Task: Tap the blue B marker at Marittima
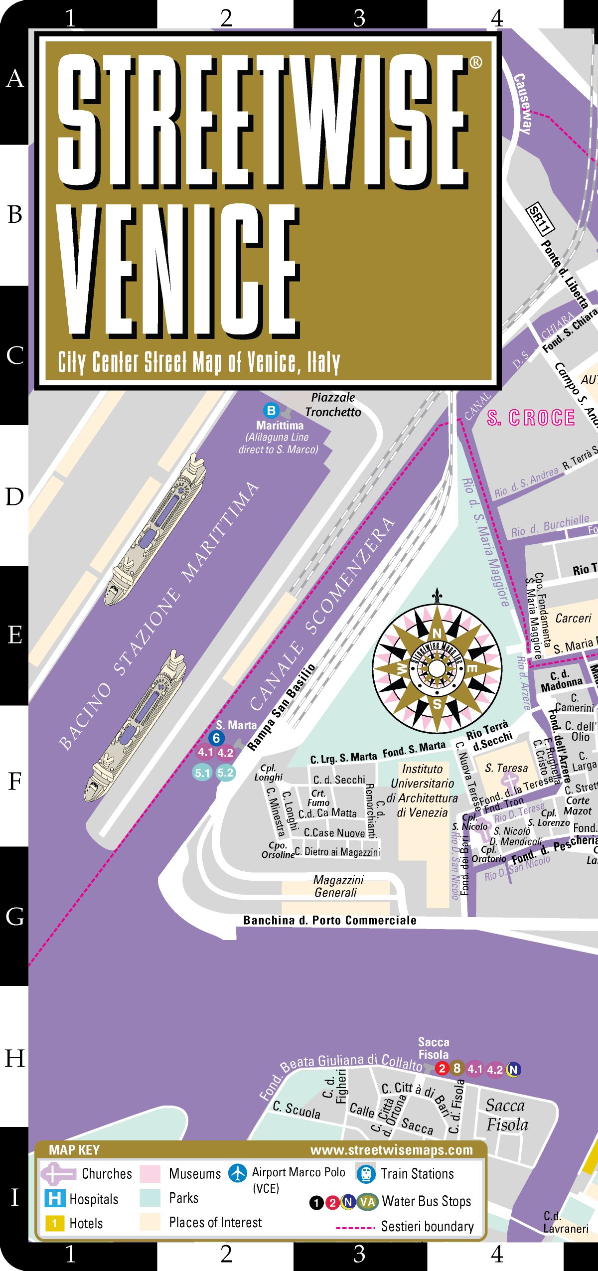[271, 410]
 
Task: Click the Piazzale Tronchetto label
[333, 405]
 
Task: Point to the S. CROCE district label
[531, 418]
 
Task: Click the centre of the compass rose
[437, 668]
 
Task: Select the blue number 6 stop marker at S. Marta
[216, 738]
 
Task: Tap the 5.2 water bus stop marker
[225, 773]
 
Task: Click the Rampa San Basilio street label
[282, 707]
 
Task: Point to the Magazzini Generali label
[337, 886]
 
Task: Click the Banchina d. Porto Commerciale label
[329, 920]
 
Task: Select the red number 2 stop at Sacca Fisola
[442, 1068]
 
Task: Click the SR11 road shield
[540, 218]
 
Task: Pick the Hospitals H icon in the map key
[54, 1198]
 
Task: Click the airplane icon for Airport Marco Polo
[238, 1173]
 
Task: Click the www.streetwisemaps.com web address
[391, 1150]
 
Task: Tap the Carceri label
[573, 618]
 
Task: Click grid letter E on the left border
[15, 635]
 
